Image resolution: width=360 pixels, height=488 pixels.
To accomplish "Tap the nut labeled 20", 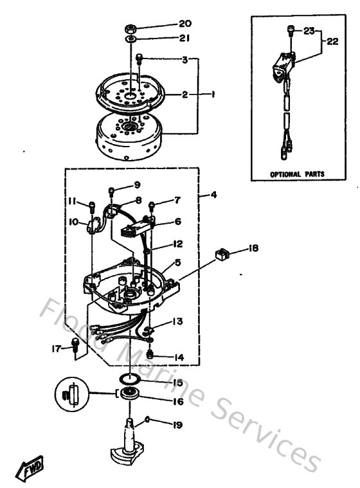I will click(x=130, y=28).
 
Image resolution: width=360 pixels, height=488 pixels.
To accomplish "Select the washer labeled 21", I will click(x=130, y=39).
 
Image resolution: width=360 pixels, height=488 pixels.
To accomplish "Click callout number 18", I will click(x=254, y=248).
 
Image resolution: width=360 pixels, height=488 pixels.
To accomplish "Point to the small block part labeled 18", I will click(x=222, y=256).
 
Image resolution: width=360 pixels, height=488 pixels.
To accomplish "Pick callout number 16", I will click(x=177, y=401).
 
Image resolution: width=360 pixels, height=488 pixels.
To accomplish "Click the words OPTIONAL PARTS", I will click(x=296, y=174).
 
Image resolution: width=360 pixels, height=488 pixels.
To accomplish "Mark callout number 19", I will click(x=177, y=424).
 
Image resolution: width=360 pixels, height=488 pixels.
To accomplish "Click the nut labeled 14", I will click(x=150, y=354).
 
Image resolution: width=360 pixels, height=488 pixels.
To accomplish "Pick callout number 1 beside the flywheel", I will click(x=212, y=94).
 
